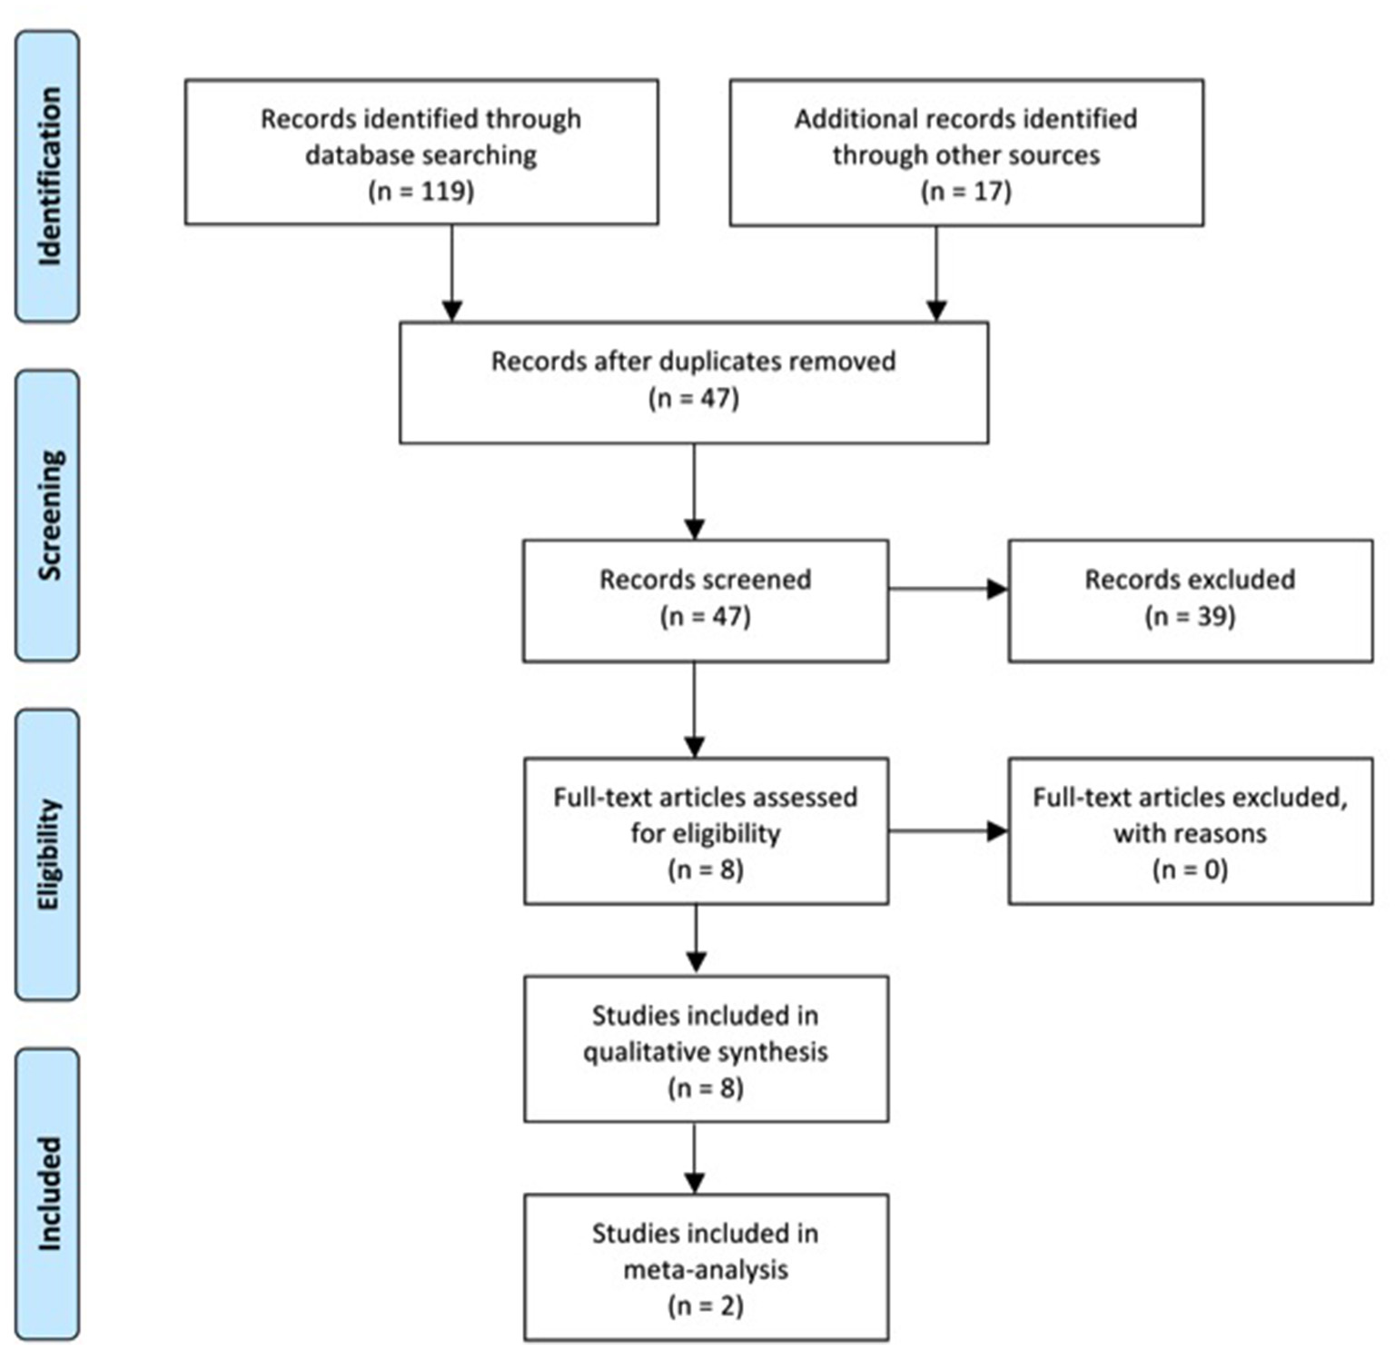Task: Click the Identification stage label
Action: click(48, 176)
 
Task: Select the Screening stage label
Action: click(48, 515)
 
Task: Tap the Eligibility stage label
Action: click(48, 854)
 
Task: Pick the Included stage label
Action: click(48, 1193)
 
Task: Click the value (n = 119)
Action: click(420, 191)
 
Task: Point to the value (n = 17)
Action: click(965, 191)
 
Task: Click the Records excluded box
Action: click(1190, 600)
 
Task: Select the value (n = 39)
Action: click(1190, 617)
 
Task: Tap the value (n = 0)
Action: click(1190, 869)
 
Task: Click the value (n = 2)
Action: click(706, 1305)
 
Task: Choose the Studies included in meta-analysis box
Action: click(706, 1266)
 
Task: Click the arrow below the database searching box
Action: click(451, 273)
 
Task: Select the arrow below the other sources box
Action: click(936, 273)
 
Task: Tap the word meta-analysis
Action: click(706, 1269)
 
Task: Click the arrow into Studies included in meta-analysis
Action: click(695, 1157)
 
